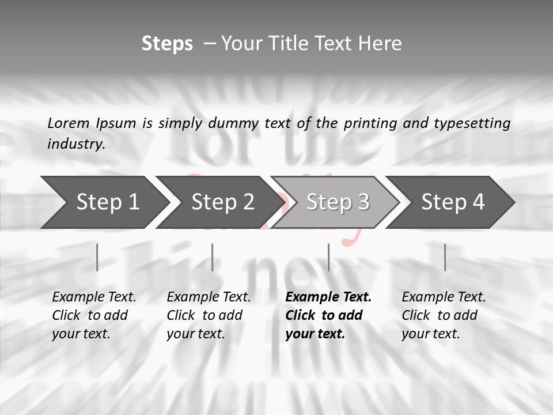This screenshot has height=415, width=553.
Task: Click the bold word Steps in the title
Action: (x=167, y=44)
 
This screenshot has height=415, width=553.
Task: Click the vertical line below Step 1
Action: (x=97, y=257)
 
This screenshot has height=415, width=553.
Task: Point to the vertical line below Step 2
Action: (x=213, y=257)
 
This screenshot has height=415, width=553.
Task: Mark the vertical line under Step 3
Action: (x=328, y=257)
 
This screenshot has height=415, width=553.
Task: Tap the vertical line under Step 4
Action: (x=445, y=257)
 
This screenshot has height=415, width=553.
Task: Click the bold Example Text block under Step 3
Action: (x=328, y=315)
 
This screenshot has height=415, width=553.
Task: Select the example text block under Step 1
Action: (x=94, y=315)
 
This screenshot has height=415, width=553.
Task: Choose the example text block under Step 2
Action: (x=209, y=315)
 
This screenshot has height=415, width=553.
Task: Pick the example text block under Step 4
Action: (x=444, y=315)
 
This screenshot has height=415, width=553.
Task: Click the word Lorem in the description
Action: (x=69, y=123)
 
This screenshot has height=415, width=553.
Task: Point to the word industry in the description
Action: (x=75, y=144)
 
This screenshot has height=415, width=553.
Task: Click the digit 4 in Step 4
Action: (x=478, y=202)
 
